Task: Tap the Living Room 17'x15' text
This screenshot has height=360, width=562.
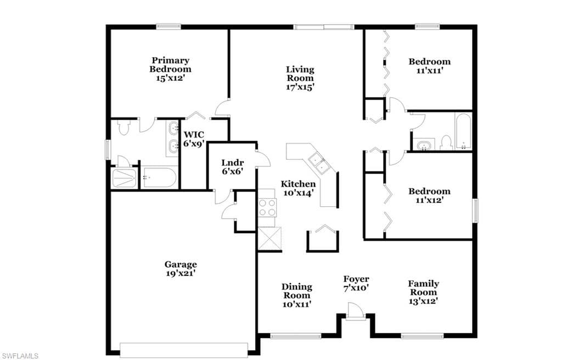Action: point(300,78)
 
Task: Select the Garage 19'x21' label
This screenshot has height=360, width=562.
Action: point(181,269)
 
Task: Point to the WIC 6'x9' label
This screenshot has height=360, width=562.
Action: point(194,139)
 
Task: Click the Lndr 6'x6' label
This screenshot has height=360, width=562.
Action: point(232,167)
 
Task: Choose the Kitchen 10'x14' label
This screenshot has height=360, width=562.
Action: point(298,188)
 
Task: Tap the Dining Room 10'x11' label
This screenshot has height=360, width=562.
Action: point(297,295)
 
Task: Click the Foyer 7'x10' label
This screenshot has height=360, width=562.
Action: point(356,283)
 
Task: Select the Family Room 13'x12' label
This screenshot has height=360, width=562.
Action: point(423,292)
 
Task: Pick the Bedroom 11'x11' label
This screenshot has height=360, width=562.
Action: point(429,66)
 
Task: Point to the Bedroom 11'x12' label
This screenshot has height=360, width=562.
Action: point(429,196)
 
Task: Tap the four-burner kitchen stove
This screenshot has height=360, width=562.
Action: point(267,207)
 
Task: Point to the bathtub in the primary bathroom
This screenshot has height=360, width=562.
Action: point(159,178)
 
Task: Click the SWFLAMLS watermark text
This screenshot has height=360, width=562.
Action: point(20,356)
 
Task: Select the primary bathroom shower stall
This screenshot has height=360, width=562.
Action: point(125,178)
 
